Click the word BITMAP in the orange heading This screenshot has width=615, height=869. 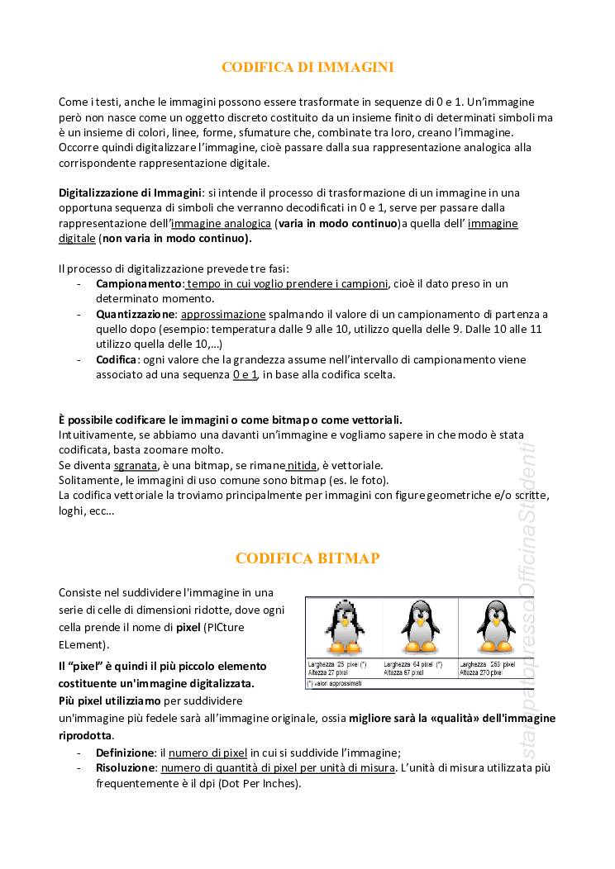(344, 558)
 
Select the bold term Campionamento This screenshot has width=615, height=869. (137, 283)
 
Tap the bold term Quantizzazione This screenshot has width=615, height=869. (136, 314)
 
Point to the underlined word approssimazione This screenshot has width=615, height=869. (223, 314)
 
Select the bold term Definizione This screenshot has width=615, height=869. (125, 753)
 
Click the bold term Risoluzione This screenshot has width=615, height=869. (126, 767)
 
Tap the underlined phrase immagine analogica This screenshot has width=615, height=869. (221, 223)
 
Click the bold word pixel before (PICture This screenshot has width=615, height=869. (188, 628)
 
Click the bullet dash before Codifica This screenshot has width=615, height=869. (78, 359)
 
